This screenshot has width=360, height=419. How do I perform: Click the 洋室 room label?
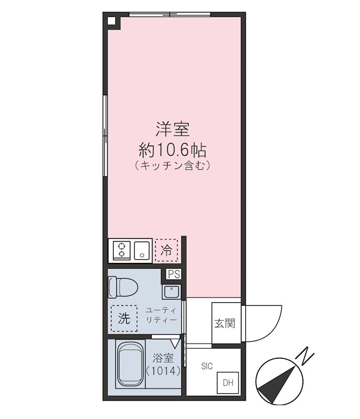tap(172, 129)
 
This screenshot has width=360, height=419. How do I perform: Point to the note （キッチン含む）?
tap(172, 167)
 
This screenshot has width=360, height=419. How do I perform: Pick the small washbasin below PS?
tap(171, 292)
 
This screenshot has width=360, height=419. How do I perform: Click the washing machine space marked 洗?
tap(124, 318)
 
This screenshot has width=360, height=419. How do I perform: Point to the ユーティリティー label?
tap(161, 314)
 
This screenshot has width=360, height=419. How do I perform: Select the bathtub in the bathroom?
tap(129, 365)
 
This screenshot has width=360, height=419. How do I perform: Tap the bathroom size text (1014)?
tap(163, 371)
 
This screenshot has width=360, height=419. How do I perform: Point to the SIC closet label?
tap(206, 366)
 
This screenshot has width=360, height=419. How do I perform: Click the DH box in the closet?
tap(228, 383)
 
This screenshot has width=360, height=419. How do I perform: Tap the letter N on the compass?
tap(306, 357)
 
